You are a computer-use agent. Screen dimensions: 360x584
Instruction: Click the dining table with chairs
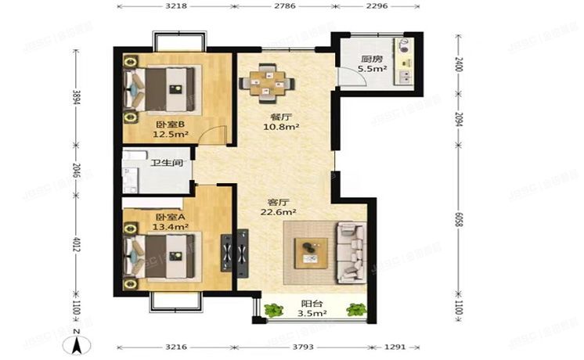tap(267, 81)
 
